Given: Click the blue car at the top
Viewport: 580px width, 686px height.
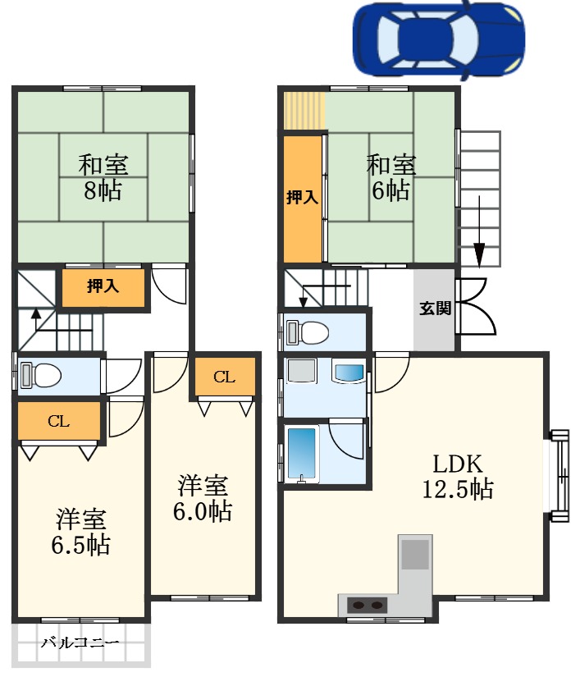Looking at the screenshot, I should [437, 37].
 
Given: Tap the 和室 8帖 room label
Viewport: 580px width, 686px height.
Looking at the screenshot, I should [103, 176].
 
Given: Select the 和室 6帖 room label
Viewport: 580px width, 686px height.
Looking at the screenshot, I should [390, 176].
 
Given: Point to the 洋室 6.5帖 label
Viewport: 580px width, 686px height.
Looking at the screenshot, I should [82, 532].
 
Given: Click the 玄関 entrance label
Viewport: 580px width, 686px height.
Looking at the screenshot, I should [434, 309].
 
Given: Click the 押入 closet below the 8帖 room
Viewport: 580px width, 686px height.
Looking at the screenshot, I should [103, 287].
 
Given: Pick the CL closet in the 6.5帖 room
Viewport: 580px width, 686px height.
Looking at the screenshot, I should [58, 422].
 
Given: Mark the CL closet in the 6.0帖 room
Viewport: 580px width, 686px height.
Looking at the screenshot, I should [224, 377].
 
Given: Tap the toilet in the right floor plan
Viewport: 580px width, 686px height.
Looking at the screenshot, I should [308, 332].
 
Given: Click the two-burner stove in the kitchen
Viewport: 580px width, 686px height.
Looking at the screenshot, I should [367, 606].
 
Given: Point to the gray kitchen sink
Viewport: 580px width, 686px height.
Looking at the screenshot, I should [415, 555].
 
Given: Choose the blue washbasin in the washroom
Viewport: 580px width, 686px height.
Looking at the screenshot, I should [348, 373].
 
